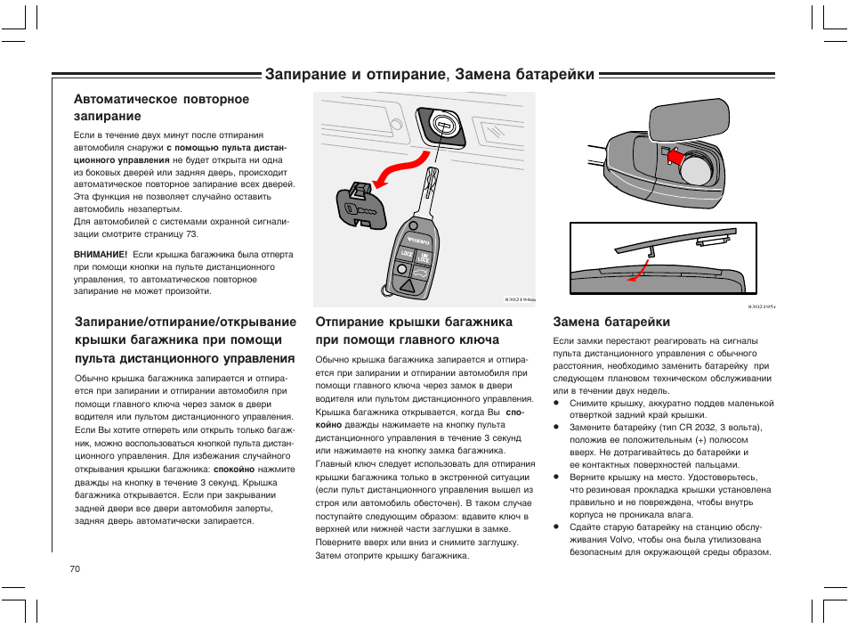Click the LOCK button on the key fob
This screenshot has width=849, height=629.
407,255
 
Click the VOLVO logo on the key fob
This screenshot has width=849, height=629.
417,241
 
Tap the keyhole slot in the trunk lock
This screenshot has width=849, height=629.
439,123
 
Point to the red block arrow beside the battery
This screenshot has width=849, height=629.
675,158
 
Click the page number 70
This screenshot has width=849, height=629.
75,568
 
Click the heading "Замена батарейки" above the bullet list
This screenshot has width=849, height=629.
611,322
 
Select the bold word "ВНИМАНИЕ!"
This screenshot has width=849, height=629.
101,254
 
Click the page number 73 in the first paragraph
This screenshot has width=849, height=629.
191,234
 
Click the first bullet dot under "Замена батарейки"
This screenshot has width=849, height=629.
557,404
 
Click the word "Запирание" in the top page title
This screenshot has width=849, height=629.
306,75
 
